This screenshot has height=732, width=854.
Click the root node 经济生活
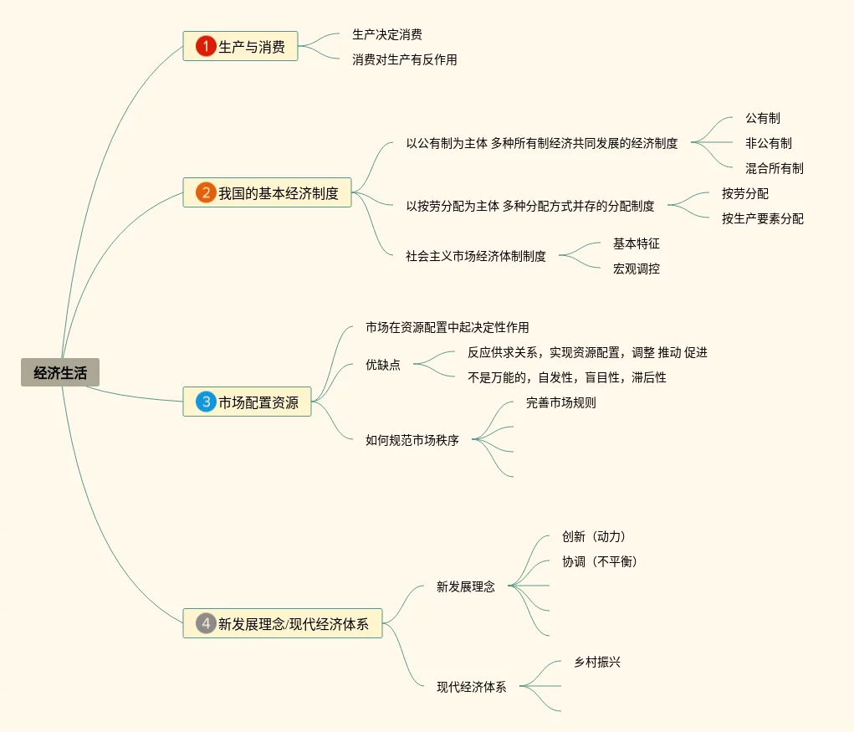60,373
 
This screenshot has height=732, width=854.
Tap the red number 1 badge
206,46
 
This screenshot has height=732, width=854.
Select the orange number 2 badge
206,193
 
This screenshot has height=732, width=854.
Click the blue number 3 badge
206,402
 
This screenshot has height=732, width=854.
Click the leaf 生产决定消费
387,35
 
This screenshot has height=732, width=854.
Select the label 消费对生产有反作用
405,60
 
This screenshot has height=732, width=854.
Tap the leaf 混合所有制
775,168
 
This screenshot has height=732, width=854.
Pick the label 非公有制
769,143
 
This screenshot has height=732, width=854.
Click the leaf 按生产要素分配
763,218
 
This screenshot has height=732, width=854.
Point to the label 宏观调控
637,269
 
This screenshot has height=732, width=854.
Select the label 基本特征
637,243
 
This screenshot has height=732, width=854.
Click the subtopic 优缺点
383,365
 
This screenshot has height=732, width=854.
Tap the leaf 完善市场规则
561,402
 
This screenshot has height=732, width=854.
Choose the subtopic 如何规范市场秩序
412,440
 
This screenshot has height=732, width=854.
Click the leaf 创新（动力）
594,536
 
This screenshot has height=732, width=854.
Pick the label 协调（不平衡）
600,561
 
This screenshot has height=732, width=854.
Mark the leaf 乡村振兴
598,662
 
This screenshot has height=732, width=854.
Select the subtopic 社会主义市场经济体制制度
476,256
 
